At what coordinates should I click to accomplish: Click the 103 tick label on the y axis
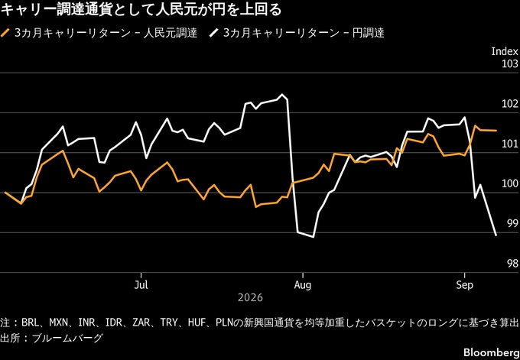coord(510,64)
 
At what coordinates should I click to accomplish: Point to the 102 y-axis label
coord(510,104)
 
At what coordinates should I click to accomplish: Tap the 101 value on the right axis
coord(510,144)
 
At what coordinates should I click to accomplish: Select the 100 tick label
coord(510,184)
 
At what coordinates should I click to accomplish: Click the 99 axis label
coord(512,224)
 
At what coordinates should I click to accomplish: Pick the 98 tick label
coord(512,264)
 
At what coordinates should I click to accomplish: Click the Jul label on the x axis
coord(141,285)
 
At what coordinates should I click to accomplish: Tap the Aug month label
coord(303,285)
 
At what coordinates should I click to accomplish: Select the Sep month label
coord(464,285)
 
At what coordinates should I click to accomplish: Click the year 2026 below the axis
coord(250,297)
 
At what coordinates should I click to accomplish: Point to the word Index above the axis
coord(505,51)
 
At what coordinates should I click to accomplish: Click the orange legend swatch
coord(6,33)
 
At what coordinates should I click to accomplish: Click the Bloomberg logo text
coord(490,352)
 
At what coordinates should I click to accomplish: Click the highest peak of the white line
coord(282,94)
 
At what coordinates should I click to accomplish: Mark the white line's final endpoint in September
coord(496,235)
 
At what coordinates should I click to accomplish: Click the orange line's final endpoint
coord(496,131)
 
